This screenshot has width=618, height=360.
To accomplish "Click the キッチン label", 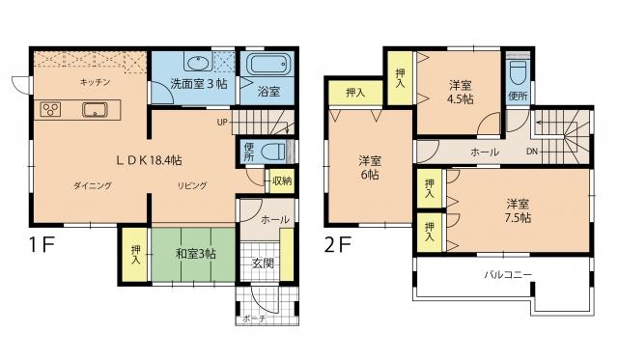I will [x=94, y=83].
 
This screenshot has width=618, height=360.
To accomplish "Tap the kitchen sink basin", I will [x=93, y=108].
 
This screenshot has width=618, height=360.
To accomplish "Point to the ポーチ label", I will [x=255, y=318].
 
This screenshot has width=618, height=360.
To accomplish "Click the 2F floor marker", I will [x=338, y=246].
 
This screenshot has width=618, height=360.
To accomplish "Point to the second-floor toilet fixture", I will [x=518, y=73].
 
